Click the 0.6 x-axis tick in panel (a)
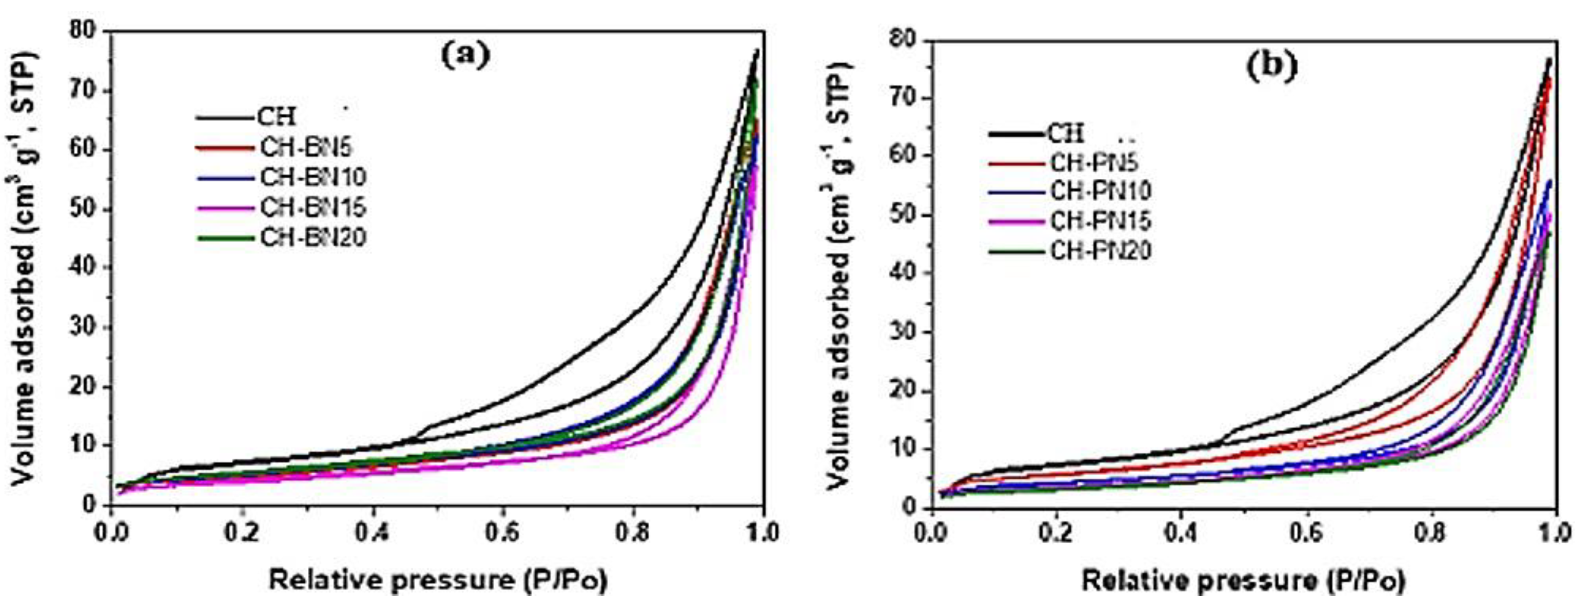(x=502, y=532)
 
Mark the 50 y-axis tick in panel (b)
(x=903, y=215)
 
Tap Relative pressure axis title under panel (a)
(x=438, y=580)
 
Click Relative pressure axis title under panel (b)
(x=1243, y=580)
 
